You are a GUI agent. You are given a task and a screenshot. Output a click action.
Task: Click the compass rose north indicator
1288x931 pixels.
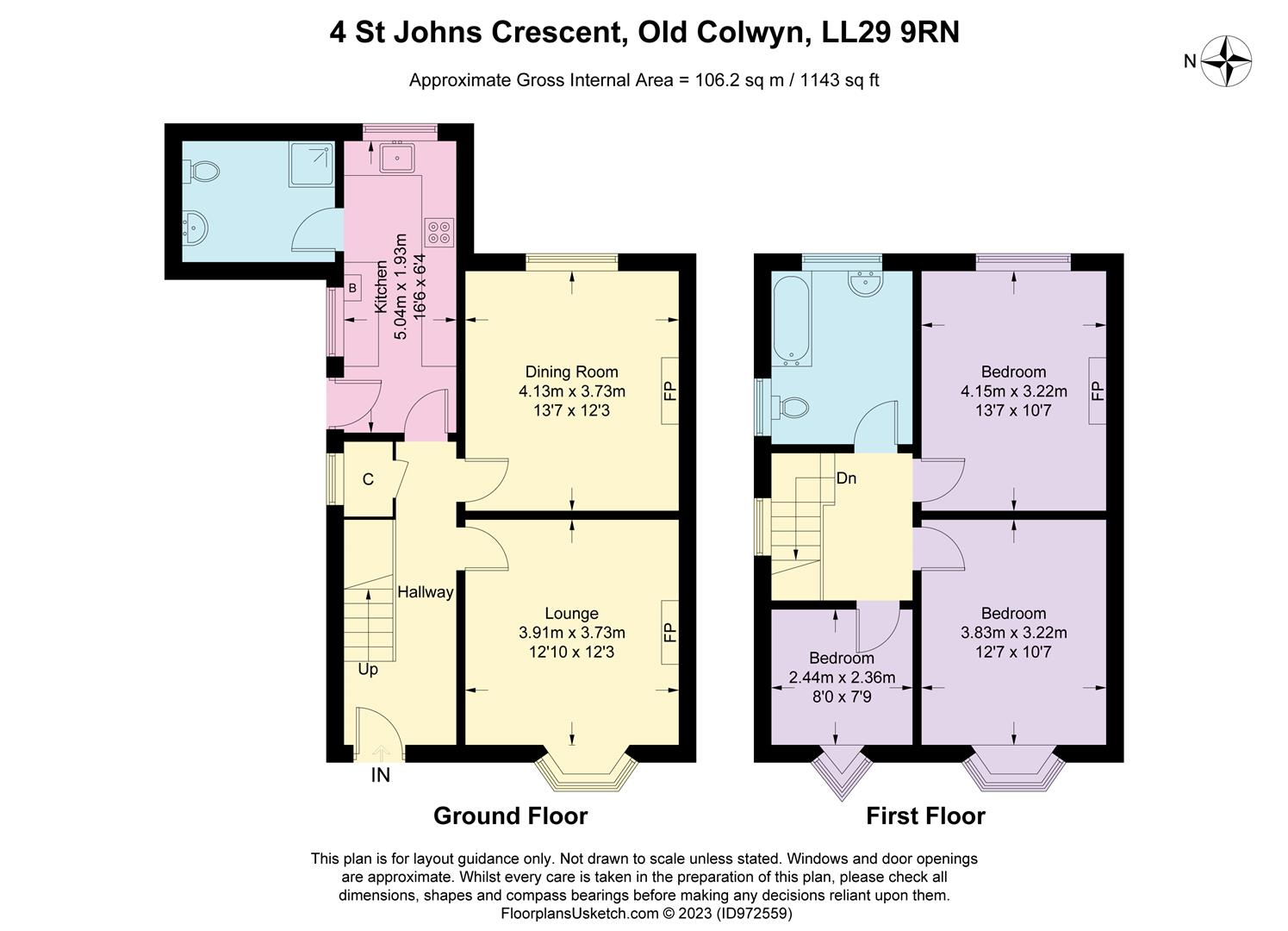point(1225,61)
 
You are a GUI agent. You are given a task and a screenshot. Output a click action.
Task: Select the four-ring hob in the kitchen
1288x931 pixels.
point(439,232)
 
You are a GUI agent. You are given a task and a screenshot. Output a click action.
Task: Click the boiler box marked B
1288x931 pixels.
point(353,287)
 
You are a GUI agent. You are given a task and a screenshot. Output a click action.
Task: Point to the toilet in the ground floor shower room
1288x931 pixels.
point(203,171)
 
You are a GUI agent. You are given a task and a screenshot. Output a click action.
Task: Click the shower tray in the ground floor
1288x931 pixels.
point(312,164)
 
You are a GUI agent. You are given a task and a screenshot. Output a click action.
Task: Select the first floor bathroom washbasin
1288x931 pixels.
point(863,283)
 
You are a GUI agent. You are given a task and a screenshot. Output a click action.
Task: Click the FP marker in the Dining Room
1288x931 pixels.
point(670,391)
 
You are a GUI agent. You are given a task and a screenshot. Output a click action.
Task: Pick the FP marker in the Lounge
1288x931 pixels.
point(670,633)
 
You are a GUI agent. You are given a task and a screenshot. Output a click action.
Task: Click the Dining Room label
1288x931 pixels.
point(571,372)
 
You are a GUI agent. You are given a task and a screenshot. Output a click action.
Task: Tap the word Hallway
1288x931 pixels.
point(425,592)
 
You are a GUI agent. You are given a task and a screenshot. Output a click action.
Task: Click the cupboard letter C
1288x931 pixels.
point(368,479)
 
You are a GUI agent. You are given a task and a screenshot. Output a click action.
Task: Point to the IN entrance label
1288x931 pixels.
point(380,776)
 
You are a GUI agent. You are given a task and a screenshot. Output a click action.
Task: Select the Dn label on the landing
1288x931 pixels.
point(846,478)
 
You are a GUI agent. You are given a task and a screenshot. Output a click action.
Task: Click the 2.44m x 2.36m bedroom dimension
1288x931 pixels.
point(842,678)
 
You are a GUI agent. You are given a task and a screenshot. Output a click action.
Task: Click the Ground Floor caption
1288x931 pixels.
point(510,815)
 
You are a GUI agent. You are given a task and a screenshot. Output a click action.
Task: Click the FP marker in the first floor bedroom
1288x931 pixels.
point(1097,391)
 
